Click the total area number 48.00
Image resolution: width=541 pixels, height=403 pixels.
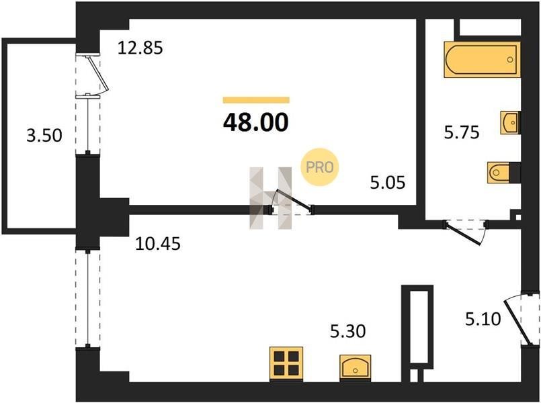click(x=255, y=122)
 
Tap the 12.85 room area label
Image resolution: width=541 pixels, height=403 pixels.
click(x=140, y=48)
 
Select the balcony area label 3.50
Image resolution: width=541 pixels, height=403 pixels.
click(x=44, y=135)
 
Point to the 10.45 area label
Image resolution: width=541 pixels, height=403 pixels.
click(x=158, y=244)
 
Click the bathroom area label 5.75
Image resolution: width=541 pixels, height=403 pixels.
click(x=462, y=132)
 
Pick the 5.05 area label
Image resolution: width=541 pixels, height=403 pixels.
click(x=388, y=182)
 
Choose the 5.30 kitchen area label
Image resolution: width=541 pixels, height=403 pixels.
click(x=348, y=331)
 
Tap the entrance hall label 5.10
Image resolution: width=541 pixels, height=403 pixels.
click(x=483, y=319)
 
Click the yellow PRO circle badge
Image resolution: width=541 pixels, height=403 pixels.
click(x=319, y=167)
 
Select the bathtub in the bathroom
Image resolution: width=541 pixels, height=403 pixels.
click(x=482, y=59)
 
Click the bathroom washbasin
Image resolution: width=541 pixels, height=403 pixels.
click(x=509, y=122)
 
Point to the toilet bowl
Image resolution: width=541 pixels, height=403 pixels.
click(x=499, y=172)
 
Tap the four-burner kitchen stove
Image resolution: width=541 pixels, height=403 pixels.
click(x=286, y=363)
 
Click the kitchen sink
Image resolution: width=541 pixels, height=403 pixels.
click(x=356, y=368)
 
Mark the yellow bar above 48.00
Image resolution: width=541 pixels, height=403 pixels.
click(x=256, y=100)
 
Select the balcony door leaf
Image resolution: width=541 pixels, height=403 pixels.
click(x=98, y=73)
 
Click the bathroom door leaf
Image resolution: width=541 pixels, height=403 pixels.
click(x=462, y=234)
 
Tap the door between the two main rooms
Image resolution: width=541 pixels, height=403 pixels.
click(x=293, y=200)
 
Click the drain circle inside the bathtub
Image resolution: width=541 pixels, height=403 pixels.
click(x=509, y=60)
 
